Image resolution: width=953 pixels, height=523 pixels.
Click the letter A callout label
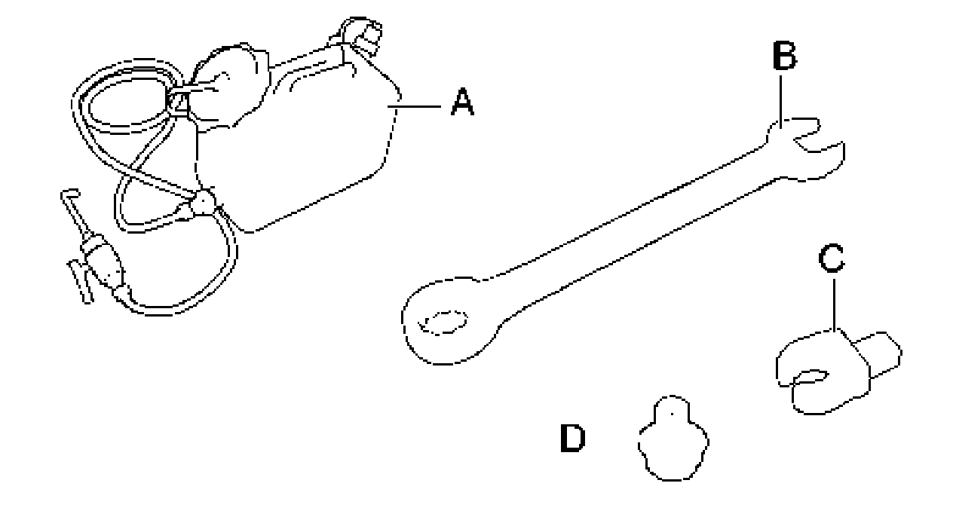(462, 102)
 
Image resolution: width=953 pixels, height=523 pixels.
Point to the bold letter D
(572, 439)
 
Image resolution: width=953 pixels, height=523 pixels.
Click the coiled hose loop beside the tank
(124, 106)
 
